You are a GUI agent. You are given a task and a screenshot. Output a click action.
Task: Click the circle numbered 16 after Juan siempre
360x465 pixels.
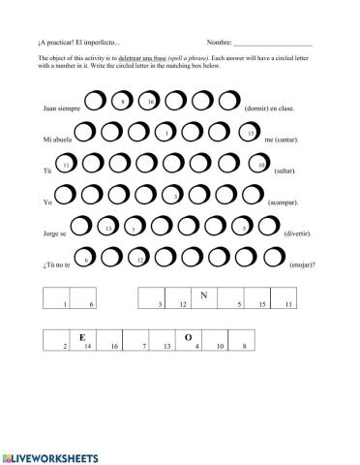tap(151, 101)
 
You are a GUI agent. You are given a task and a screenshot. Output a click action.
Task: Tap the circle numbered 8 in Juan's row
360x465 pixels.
tap(123, 101)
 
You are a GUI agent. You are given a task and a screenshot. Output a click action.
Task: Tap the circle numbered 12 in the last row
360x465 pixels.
tap(141, 260)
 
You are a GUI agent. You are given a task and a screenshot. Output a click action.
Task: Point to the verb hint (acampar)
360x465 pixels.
tap(283, 203)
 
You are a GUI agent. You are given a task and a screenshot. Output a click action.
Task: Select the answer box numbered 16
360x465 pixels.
tap(114, 341)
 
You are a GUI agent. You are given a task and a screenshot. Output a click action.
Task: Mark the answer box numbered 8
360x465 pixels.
tap(244, 341)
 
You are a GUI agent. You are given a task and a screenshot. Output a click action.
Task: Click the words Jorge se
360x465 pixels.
tap(56, 235)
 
